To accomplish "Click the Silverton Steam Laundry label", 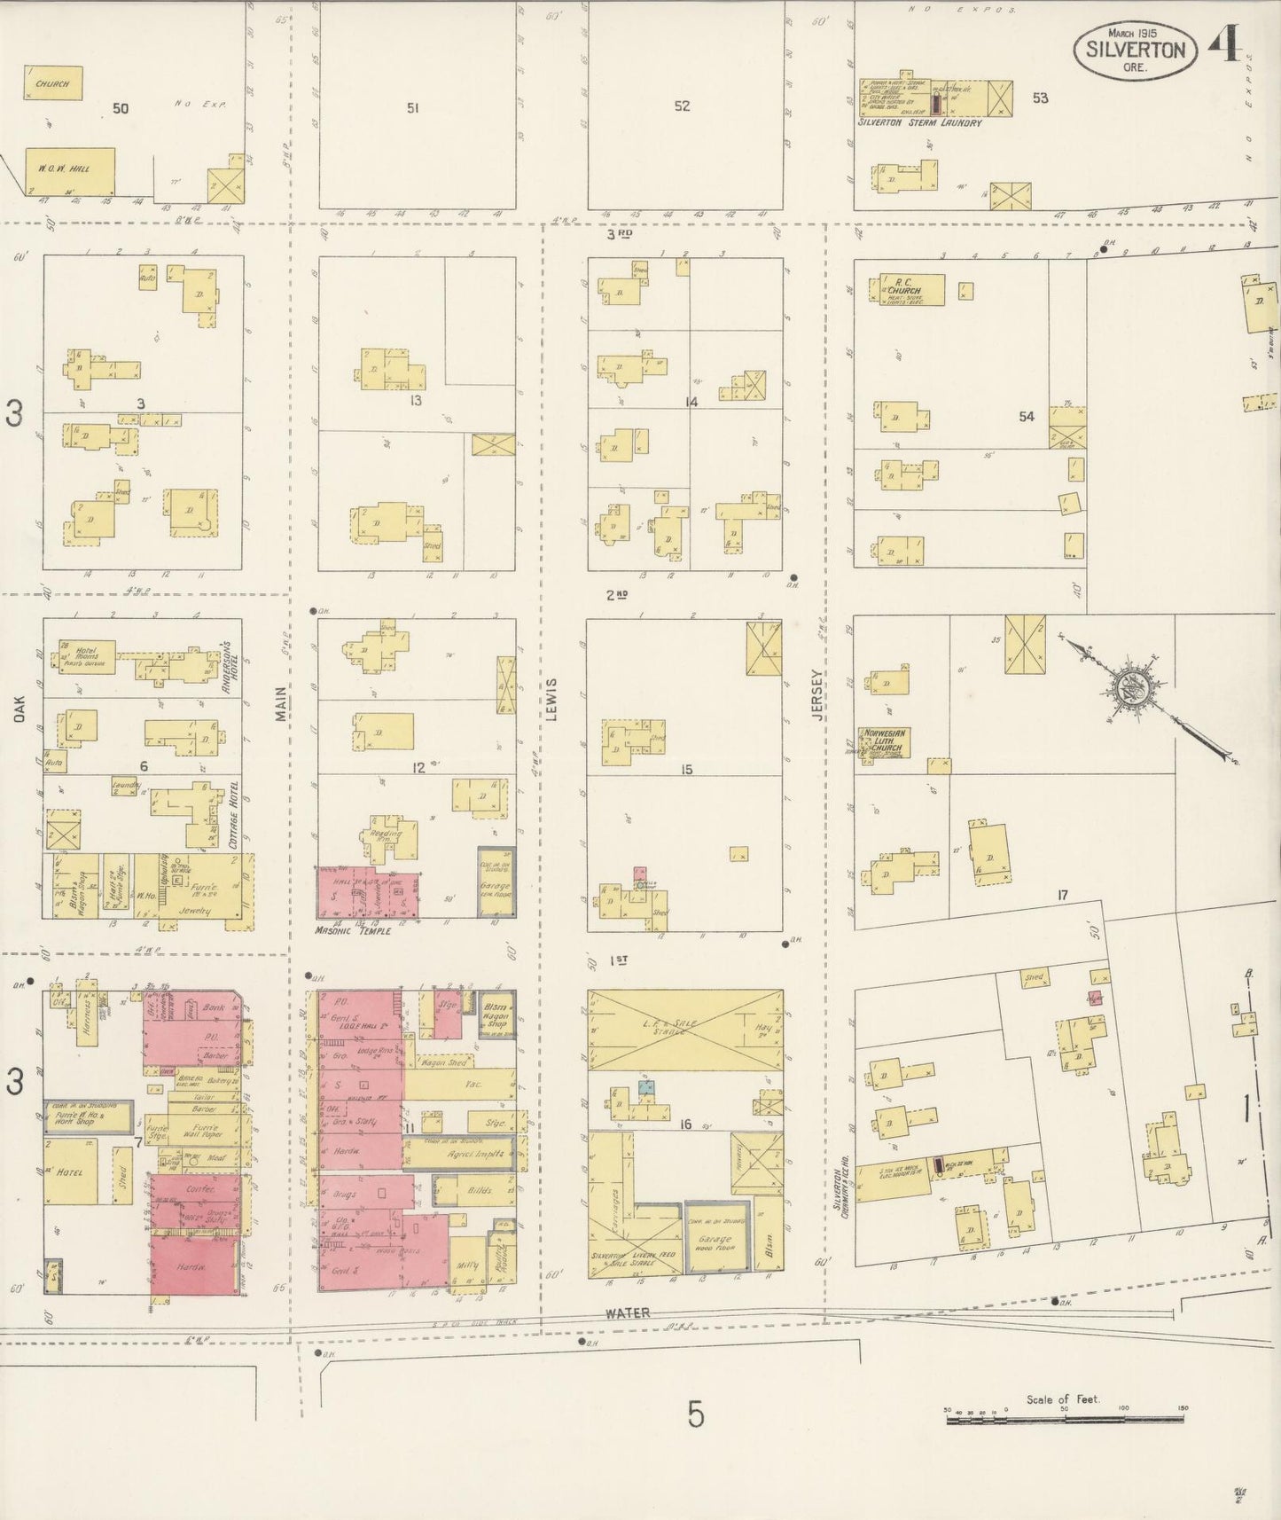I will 919,123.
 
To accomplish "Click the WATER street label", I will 629,1312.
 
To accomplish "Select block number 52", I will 681,106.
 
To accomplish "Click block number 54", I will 1026,416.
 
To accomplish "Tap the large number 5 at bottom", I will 695,1414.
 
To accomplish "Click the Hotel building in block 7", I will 68,1171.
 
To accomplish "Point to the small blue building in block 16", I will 647,1086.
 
